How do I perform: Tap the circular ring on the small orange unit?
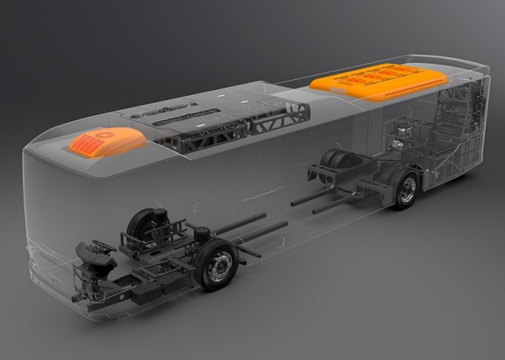(x=103, y=134)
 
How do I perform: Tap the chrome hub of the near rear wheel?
(x=407, y=190)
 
